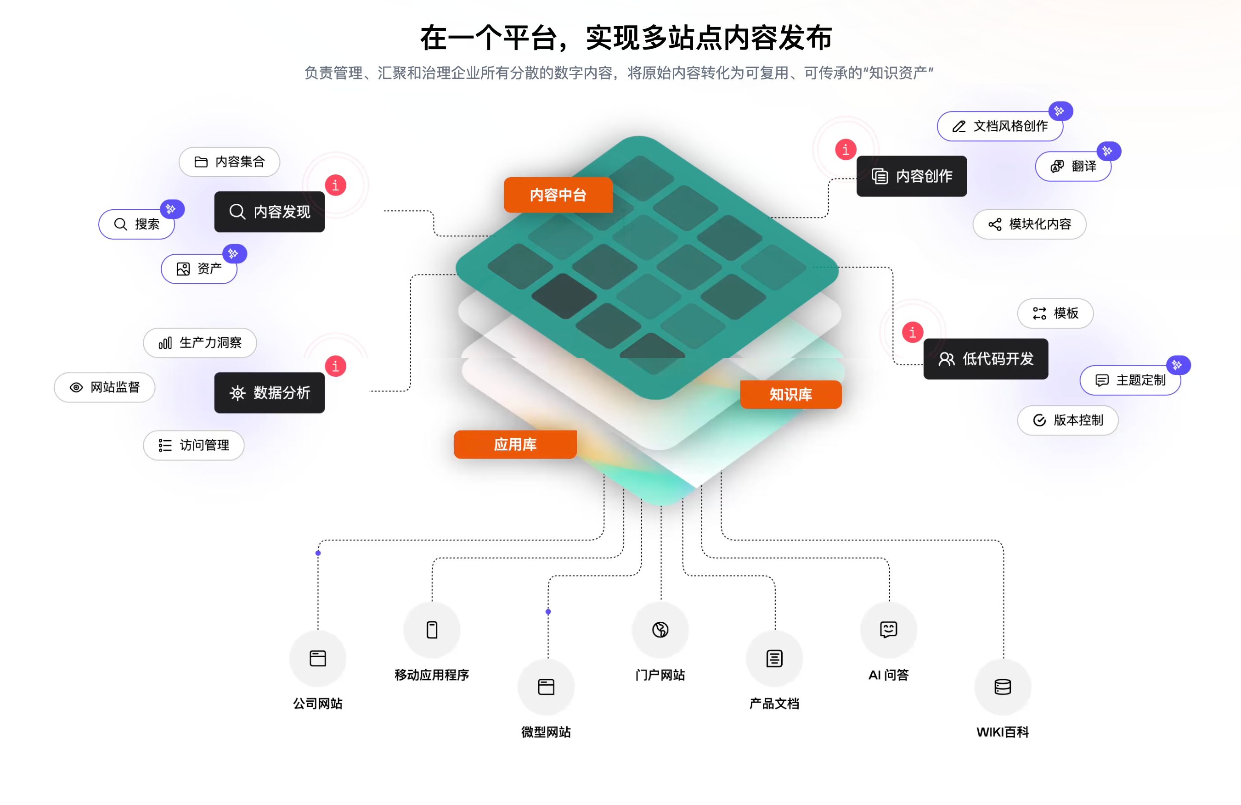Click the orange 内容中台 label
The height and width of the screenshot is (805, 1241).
[558, 195]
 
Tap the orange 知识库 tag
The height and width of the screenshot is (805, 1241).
[790, 394]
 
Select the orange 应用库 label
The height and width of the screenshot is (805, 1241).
[515, 444]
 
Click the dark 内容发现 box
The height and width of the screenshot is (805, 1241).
[270, 212]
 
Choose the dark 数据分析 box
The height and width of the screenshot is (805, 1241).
[270, 393]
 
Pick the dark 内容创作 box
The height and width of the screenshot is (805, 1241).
[911, 176]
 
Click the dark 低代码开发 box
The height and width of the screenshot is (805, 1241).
[986, 359]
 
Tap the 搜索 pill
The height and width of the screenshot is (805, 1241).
[136, 224]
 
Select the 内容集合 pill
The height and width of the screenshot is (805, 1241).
[230, 162]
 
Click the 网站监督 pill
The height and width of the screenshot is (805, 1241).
[105, 387]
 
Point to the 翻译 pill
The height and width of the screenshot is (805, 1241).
[1073, 166]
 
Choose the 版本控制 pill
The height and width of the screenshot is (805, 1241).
[1068, 420]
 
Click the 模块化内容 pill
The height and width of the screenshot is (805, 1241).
[1029, 224]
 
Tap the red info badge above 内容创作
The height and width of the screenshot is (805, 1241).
[845, 150]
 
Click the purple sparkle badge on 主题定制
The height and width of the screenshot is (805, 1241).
[1177, 365]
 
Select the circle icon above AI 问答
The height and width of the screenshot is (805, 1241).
[889, 629]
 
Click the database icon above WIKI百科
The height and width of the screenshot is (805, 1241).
[1003, 687]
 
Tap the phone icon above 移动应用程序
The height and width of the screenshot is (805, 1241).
[432, 629]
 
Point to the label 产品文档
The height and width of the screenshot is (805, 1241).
[774, 704]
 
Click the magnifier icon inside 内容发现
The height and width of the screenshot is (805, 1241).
[237, 212]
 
